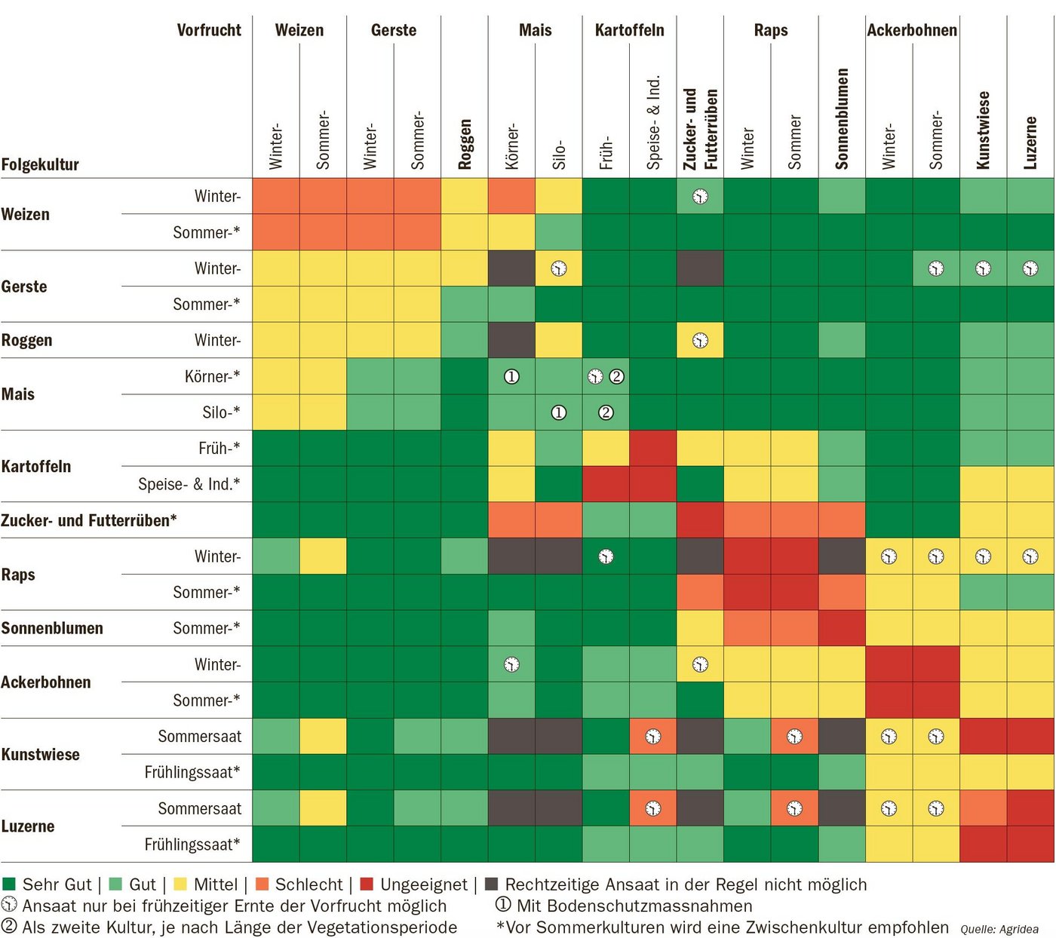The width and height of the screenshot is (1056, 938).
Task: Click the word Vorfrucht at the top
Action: [x=209, y=30]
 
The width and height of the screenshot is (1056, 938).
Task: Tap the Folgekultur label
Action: [x=40, y=164]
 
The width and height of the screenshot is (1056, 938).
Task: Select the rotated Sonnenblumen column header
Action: [x=842, y=118]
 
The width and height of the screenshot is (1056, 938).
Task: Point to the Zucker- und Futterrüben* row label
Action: [x=89, y=520]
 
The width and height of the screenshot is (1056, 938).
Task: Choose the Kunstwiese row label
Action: [x=41, y=754]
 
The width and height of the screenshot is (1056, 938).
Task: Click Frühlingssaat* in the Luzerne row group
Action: [x=192, y=845]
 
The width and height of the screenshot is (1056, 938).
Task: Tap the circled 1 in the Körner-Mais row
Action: [x=511, y=376]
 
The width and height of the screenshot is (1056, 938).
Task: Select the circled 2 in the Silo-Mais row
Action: [x=606, y=412]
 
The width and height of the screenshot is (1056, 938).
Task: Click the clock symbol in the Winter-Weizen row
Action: [x=700, y=197]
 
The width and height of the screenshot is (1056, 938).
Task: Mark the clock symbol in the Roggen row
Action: [x=700, y=341]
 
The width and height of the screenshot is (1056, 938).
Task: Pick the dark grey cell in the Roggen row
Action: [x=511, y=340]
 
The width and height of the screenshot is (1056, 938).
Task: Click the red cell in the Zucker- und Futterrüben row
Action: [x=700, y=520]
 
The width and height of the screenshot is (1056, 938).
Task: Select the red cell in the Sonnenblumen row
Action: [x=842, y=628]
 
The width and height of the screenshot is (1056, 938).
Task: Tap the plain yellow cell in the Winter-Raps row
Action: [x=323, y=556]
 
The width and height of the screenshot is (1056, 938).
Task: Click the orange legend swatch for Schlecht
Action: [x=262, y=884]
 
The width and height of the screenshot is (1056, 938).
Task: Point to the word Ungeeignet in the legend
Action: [x=424, y=884]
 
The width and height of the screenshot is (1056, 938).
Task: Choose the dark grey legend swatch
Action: [x=492, y=884]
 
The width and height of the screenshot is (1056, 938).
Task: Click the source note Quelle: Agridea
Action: [x=999, y=929]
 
